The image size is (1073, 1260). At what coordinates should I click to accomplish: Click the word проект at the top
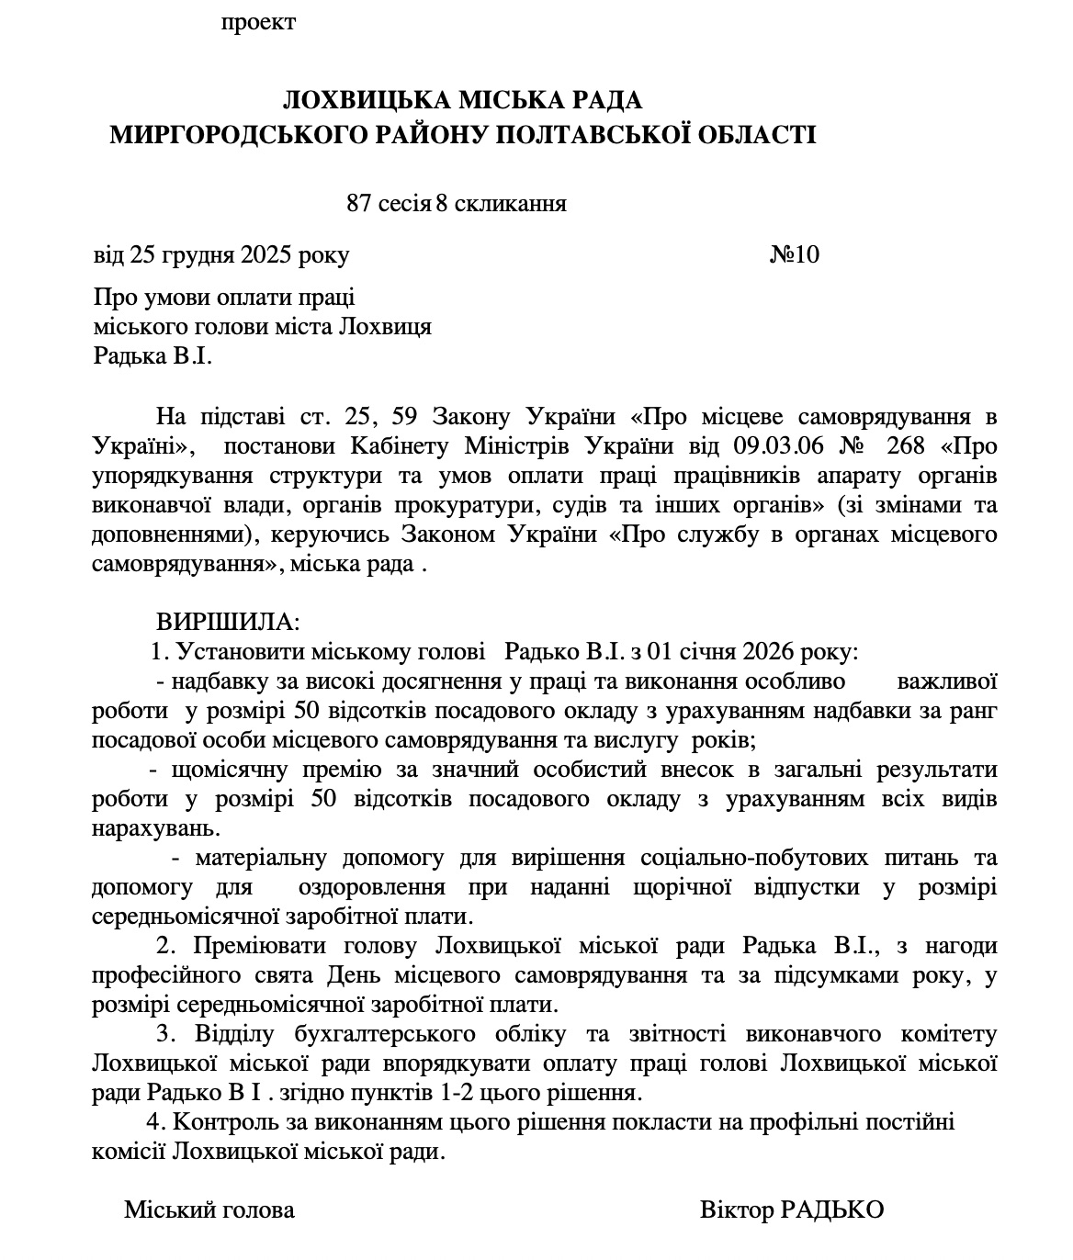(258, 23)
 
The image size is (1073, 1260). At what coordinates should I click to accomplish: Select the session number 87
(357, 204)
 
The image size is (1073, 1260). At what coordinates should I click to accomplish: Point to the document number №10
(794, 254)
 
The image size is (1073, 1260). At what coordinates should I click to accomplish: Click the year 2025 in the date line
(266, 254)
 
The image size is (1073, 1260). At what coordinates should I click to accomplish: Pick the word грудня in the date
(196, 254)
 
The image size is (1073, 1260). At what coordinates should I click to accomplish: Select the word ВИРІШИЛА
(227, 622)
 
